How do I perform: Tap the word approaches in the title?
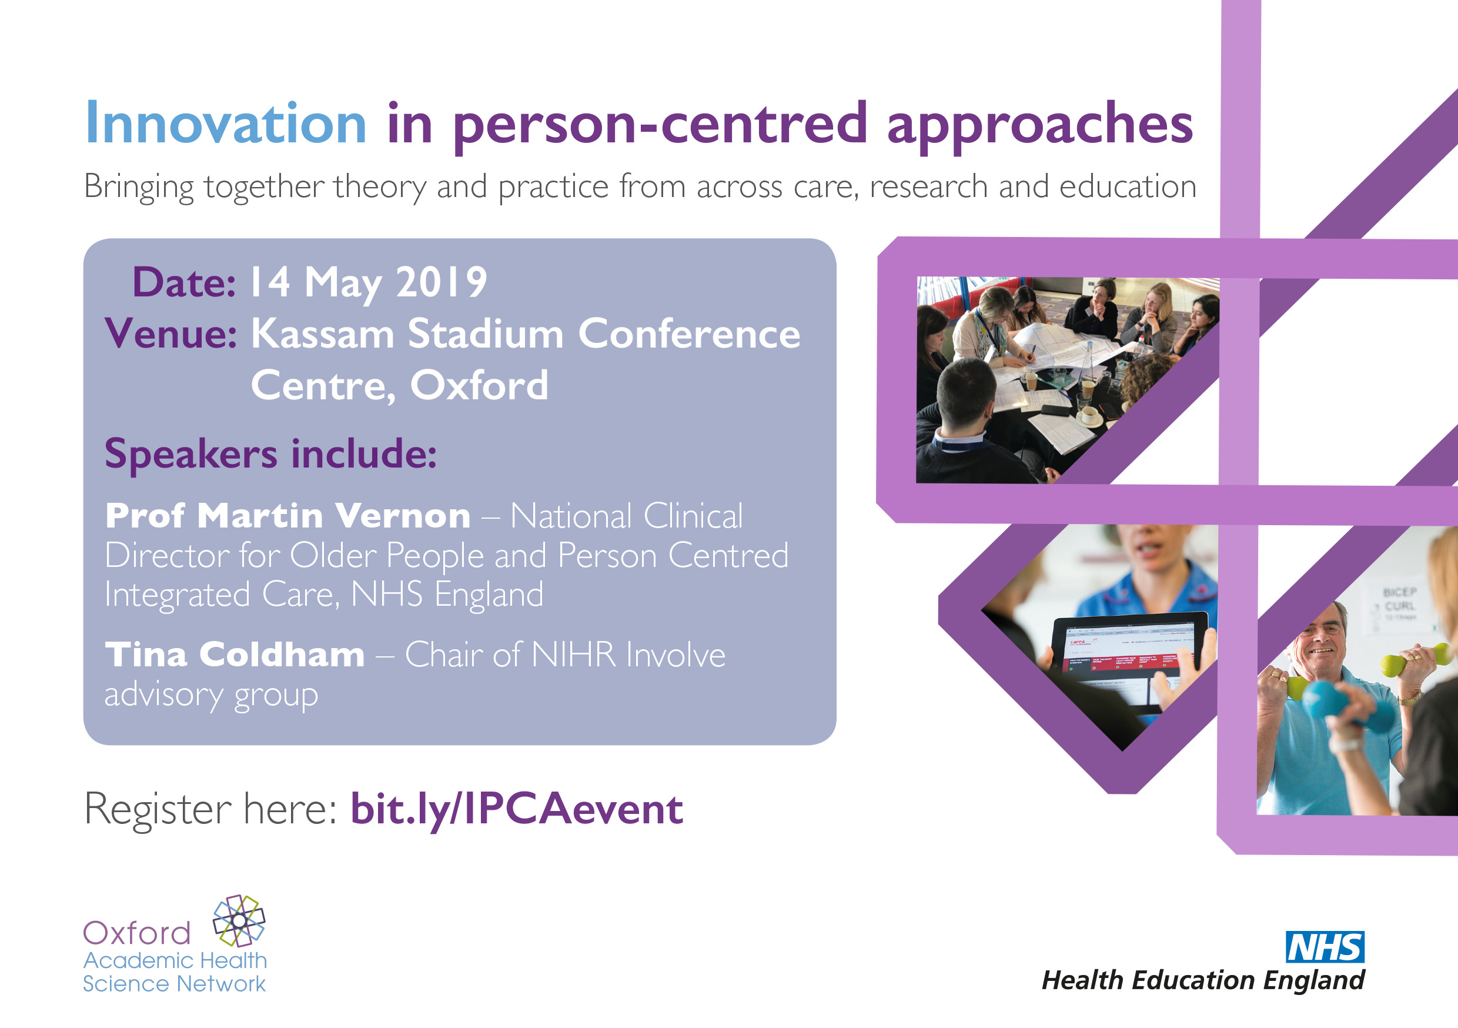click(1039, 126)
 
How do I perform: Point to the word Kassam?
click(323, 333)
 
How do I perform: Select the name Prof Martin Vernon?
click(287, 515)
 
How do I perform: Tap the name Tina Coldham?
click(235, 655)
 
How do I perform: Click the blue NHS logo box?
click(1325, 947)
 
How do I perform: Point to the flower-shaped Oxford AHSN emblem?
click(239, 920)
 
